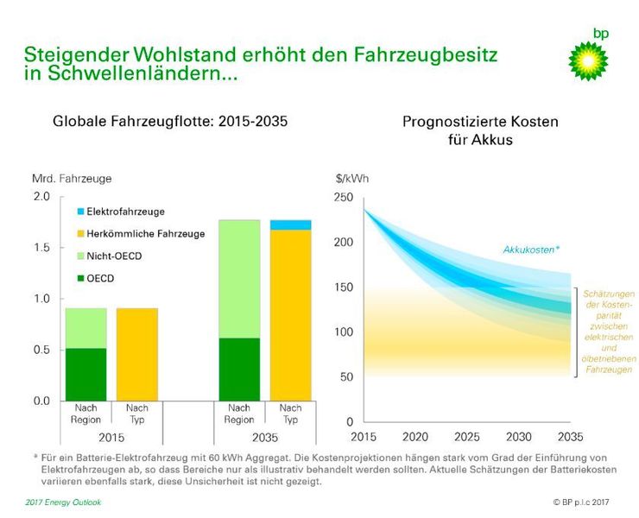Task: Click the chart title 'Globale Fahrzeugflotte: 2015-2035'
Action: coord(171,122)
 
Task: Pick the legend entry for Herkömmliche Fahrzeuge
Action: coord(145,234)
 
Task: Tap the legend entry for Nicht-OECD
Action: coord(113,256)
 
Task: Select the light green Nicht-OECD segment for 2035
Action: coord(239,278)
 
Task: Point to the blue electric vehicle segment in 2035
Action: coord(290,224)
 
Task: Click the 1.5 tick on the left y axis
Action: coord(41,248)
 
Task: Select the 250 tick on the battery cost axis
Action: coord(344,198)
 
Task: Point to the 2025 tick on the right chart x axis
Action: coord(466,437)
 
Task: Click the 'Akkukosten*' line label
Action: coord(531,250)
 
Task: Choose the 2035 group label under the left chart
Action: coord(264,437)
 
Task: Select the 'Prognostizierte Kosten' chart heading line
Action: coord(480,122)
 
